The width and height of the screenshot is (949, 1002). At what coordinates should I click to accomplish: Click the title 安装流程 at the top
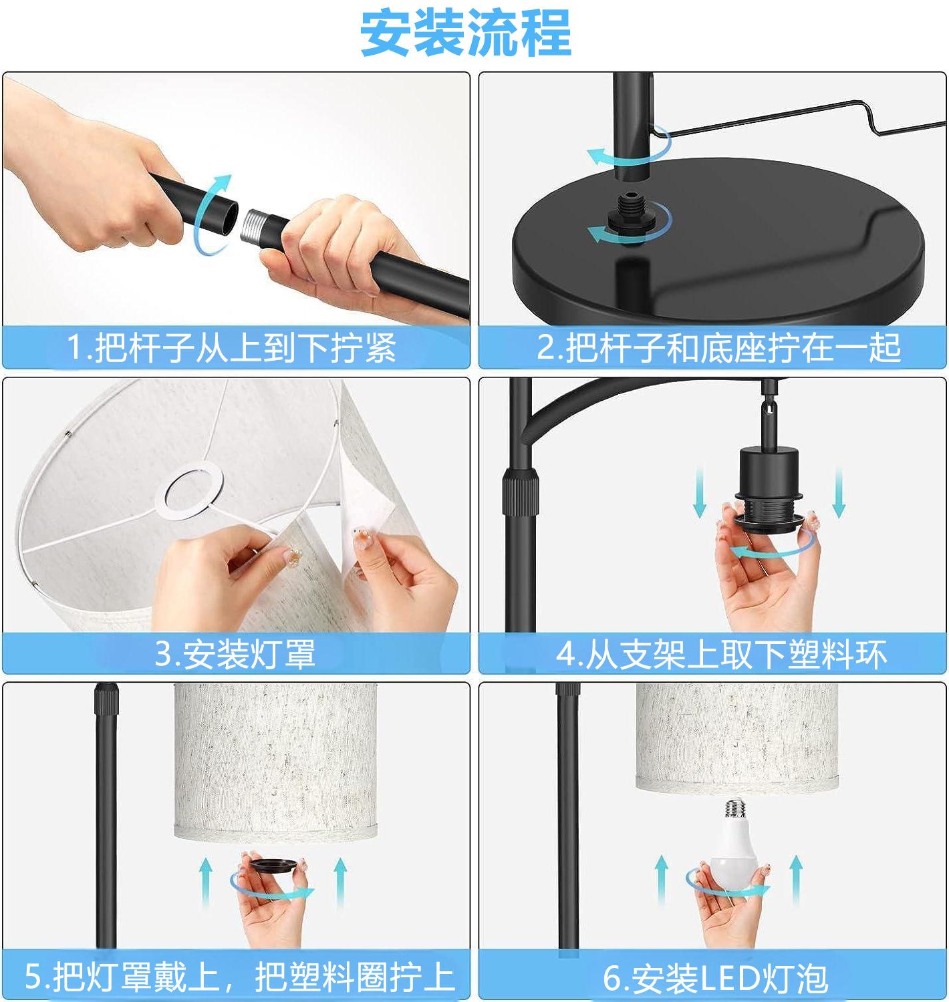465,33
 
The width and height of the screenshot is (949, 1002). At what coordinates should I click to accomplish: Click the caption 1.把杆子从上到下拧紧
231,348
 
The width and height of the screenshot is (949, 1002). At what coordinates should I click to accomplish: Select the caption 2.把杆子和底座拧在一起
718,348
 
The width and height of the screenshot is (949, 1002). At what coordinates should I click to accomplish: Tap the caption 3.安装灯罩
235,654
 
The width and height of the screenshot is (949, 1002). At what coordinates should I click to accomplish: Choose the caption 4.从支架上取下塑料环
721,654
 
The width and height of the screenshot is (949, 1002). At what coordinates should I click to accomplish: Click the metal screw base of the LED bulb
735,811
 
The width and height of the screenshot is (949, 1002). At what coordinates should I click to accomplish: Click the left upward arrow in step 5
206,882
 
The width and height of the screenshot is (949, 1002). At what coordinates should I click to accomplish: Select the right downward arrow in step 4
839,492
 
